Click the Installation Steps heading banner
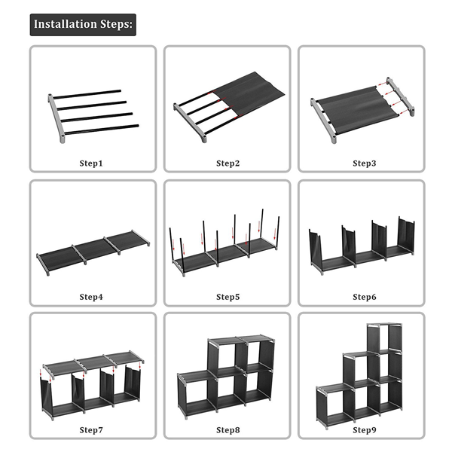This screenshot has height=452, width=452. [x=83, y=24]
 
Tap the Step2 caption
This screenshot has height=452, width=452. [x=227, y=163]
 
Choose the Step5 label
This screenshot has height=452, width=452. [x=227, y=298]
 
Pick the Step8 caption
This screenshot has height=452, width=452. [x=227, y=430]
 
